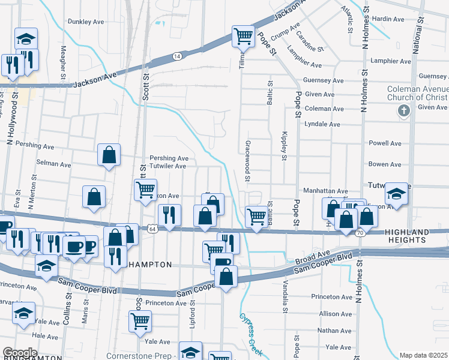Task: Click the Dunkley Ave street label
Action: (86, 22)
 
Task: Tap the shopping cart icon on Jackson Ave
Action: (243, 37)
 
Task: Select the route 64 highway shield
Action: (152, 229)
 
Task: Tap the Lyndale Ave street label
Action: (323, 124)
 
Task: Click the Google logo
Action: (20, 353)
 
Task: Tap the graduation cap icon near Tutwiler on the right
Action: (396, 193)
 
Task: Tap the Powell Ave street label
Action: (385, 143)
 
